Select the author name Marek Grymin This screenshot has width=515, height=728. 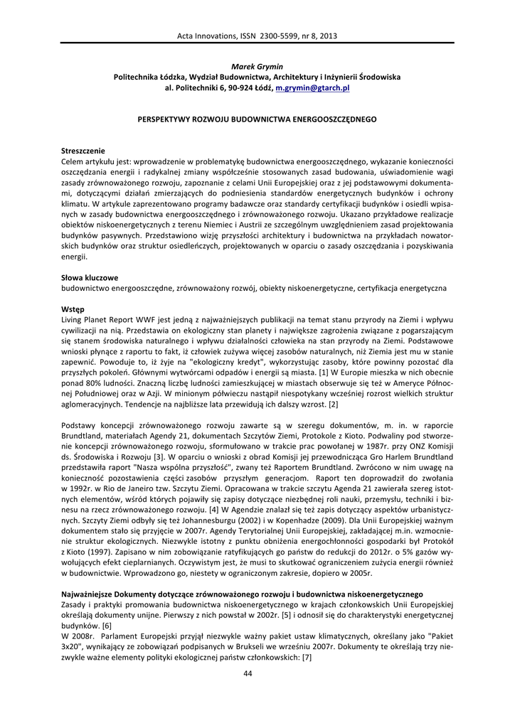coord(257,66)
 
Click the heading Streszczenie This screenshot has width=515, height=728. coord(83,151)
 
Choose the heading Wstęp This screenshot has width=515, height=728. coord(73,309)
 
